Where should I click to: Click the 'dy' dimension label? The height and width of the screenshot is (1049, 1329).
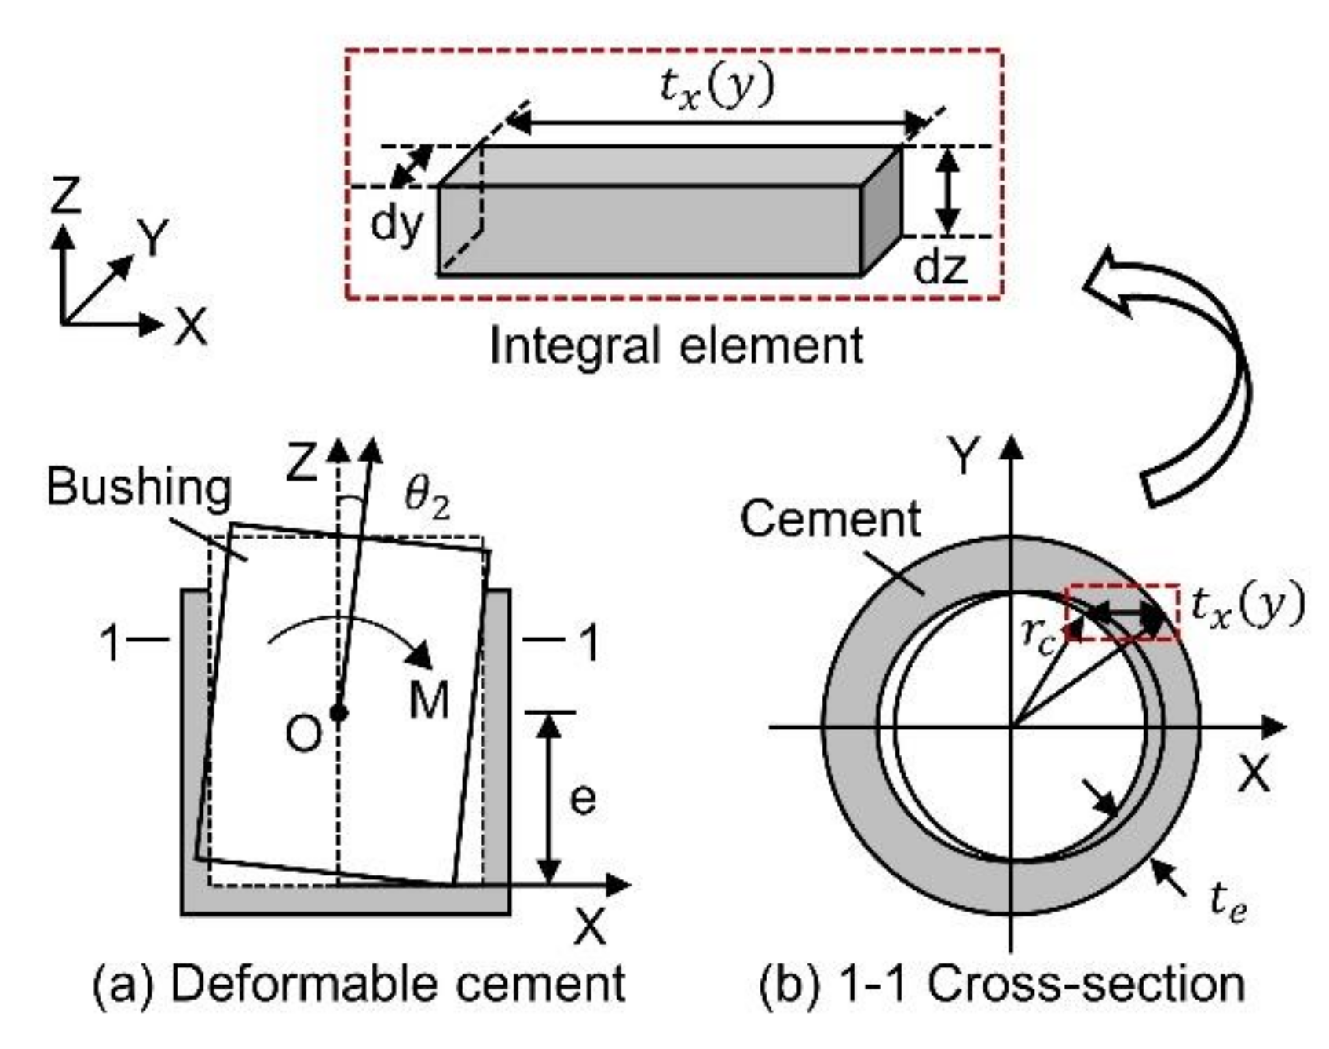[397, 225]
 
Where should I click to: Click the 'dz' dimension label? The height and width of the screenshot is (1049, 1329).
[940, 267]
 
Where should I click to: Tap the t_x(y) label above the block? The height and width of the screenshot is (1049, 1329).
[716, 86]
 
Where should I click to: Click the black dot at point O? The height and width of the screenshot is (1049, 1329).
[339, 713]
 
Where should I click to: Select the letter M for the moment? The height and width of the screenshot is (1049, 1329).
[429, 699]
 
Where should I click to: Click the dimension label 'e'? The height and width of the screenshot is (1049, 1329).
[582, 799]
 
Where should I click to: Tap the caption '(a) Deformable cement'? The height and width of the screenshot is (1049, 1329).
[359, 984]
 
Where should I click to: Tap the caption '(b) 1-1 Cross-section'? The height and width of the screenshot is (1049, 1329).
[1002, 984]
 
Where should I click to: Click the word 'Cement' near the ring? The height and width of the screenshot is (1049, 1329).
[830, 519]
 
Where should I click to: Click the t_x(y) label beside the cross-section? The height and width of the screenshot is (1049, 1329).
[1248, 606]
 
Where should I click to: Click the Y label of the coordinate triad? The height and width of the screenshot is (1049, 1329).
[153, 237]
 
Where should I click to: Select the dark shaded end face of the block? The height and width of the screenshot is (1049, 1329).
[881, 210]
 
